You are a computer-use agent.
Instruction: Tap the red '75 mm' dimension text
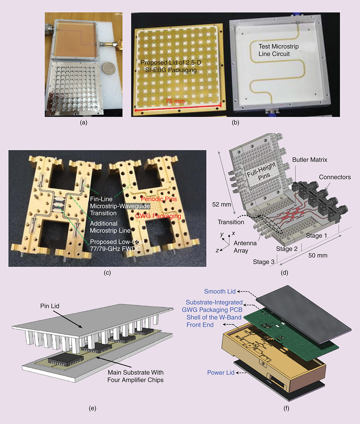(175, 101)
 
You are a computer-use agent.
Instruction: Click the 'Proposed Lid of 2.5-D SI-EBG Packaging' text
(171, 66)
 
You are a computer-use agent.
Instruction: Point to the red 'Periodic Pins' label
(159, 199)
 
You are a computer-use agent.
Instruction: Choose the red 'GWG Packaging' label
(158, 216)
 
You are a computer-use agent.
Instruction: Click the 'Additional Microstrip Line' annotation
(110, 227)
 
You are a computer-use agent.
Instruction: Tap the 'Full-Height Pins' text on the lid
(261, 171)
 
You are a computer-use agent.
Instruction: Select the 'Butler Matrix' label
(310, 160)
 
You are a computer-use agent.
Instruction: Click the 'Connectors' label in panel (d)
(335, 177)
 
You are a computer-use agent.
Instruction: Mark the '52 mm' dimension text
(222, 204)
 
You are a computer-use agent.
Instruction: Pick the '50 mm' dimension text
(318, 255)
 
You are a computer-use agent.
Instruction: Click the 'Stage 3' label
(264, 262)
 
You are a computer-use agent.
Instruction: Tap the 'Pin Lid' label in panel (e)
(50, 306)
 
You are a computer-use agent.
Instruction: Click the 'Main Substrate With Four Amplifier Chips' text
(136, 376)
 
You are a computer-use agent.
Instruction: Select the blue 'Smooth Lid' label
(220, 291)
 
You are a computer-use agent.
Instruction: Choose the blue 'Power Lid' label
(221, 373)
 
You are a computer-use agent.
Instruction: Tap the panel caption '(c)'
(107, 273)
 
